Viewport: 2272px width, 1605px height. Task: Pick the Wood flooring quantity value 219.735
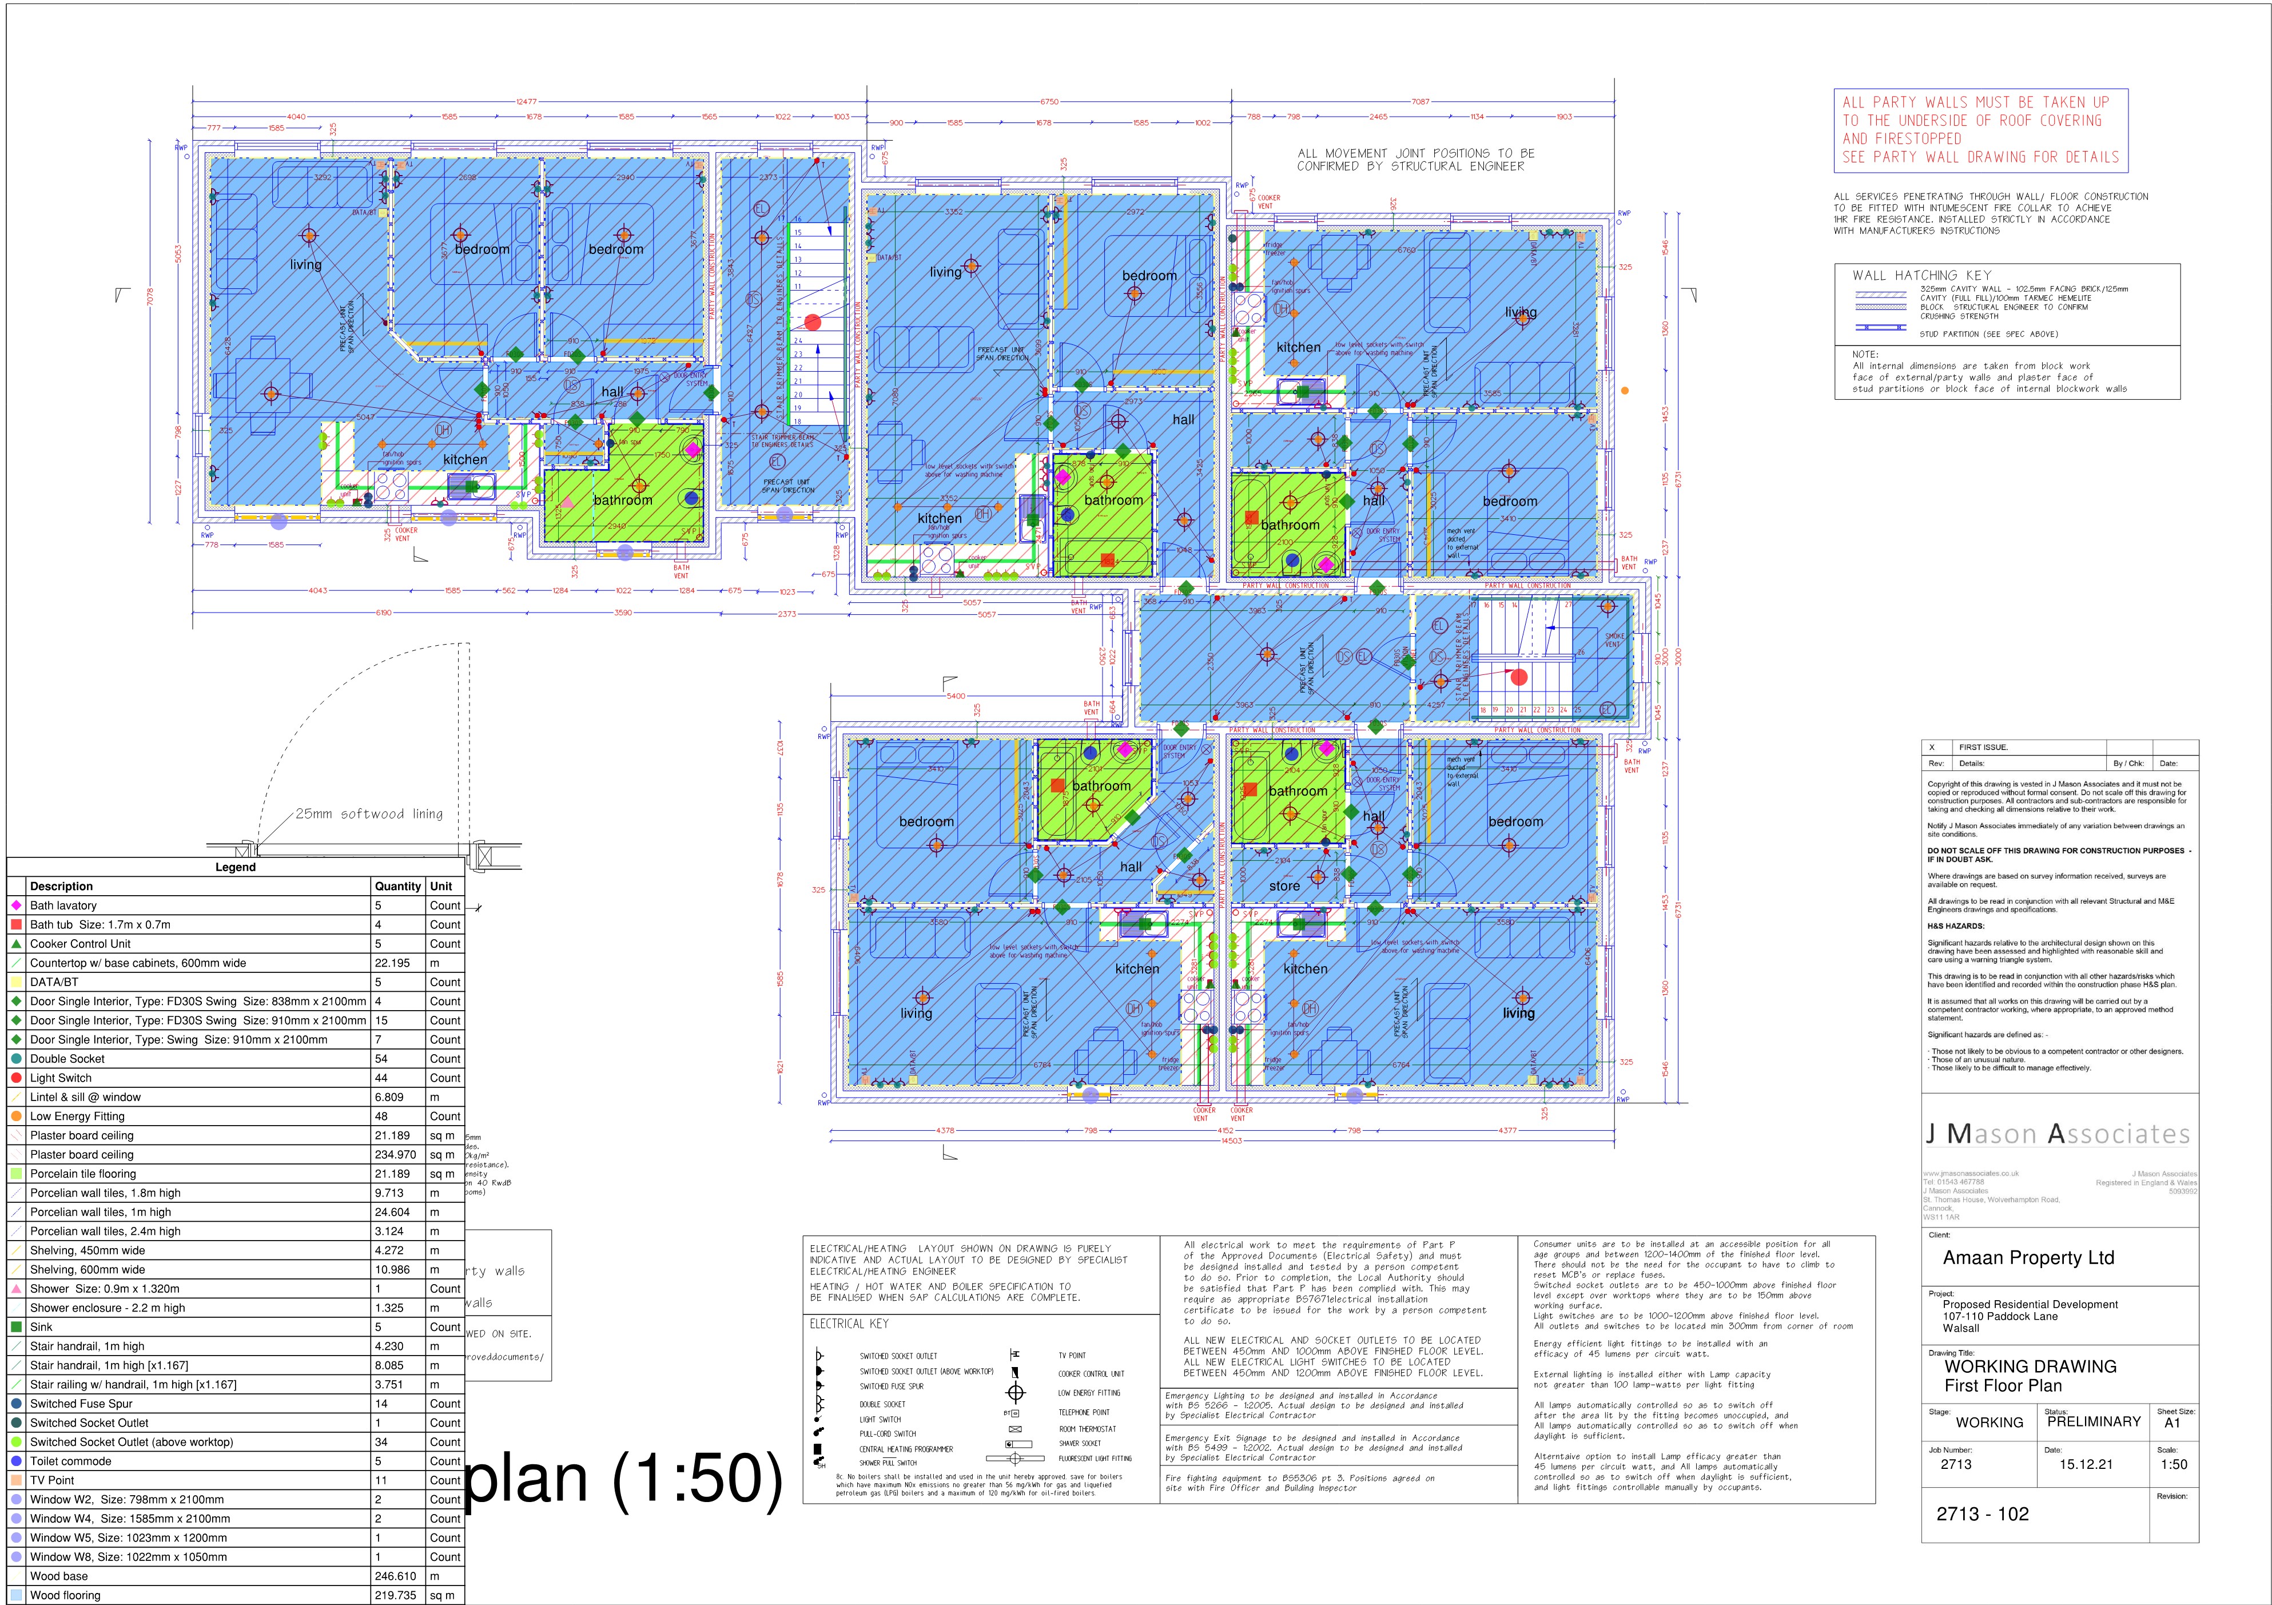click(395, 1595)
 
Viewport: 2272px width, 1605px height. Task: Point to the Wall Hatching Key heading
click(1921, 275)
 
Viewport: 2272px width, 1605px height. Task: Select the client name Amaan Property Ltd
click(2028, 1258)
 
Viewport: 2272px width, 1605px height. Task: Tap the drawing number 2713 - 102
click(1982, 1514)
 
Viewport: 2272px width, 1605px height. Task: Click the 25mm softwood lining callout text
click(368, 813)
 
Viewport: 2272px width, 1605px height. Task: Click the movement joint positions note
click(1415, 160)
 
